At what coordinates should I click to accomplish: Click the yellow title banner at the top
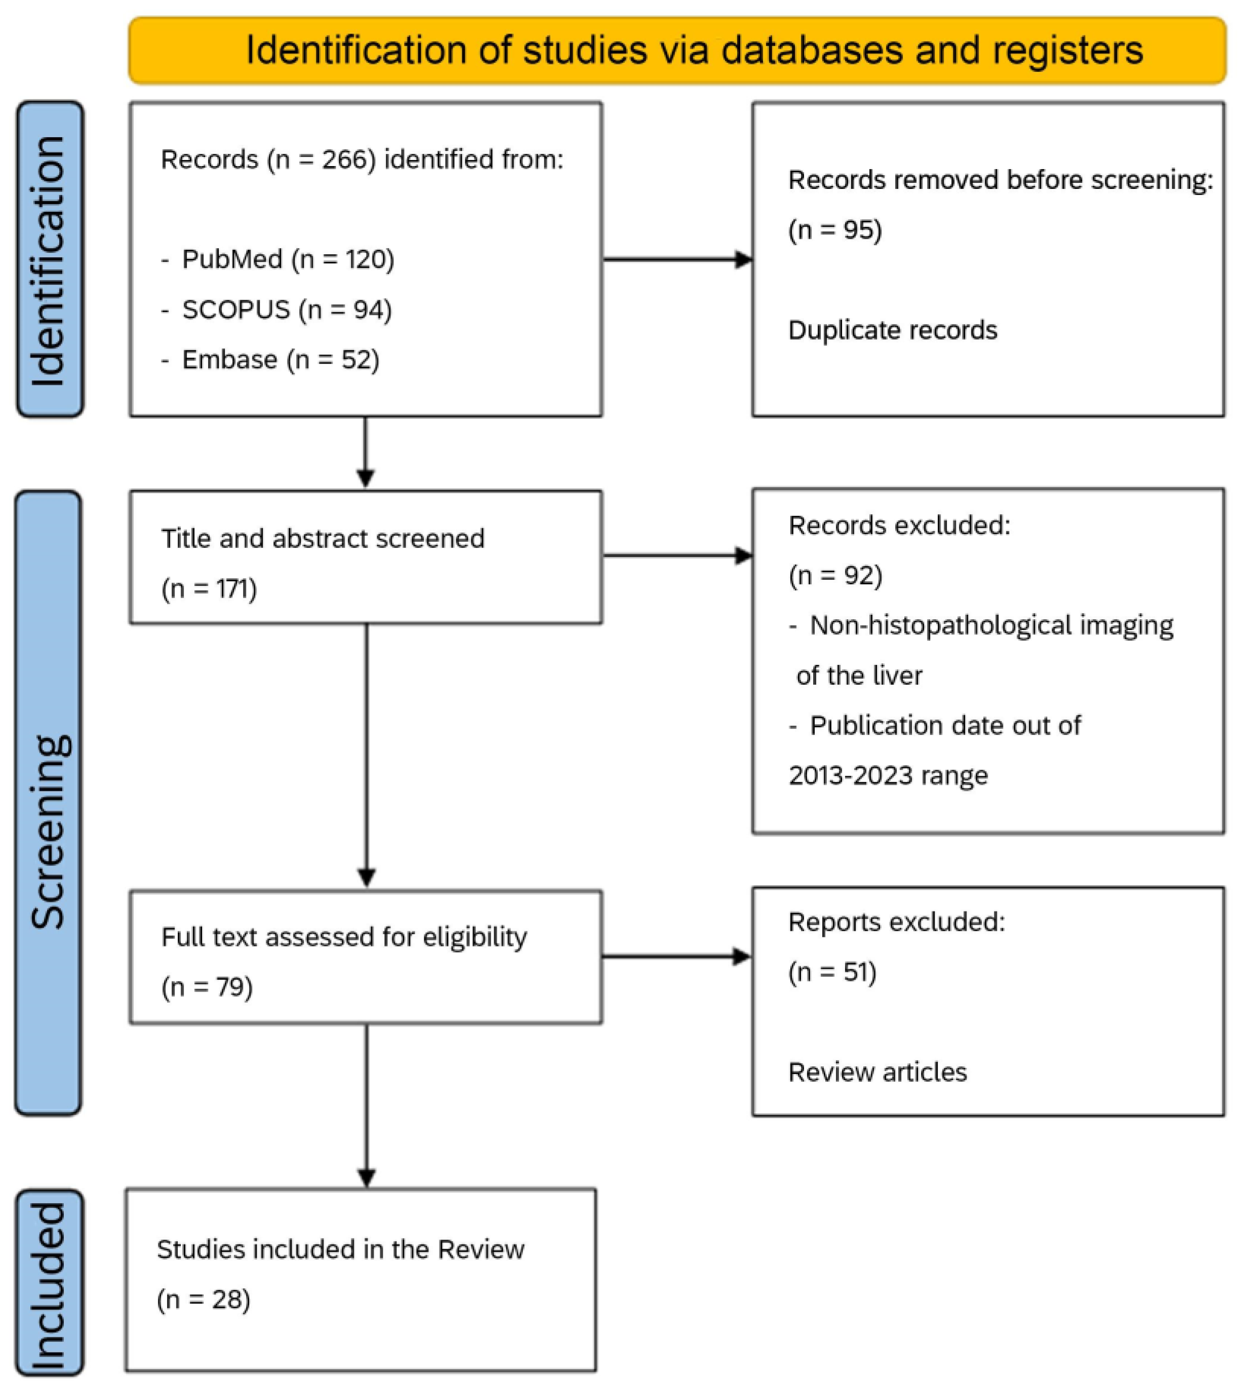tap(677, 51)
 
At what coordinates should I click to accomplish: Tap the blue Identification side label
tap(49, 259)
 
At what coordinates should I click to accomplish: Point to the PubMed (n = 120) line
tap(278, 259)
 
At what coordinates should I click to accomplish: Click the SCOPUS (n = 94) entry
tap(276, 310)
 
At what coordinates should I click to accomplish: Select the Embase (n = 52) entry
tap(270, 360)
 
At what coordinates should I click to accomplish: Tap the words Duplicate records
tap(892, 330)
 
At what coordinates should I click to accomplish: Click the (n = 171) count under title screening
tap(209, 588)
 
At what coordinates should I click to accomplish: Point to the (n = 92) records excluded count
tap(835, 575)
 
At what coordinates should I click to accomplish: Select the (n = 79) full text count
tap(207, 987)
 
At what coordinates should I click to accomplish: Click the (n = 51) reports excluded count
tap(832, 972)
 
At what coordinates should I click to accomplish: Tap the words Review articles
tap(877, 1072)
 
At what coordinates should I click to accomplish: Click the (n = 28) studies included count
tap(204, 1299)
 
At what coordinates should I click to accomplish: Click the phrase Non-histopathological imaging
tap(991, 625)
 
